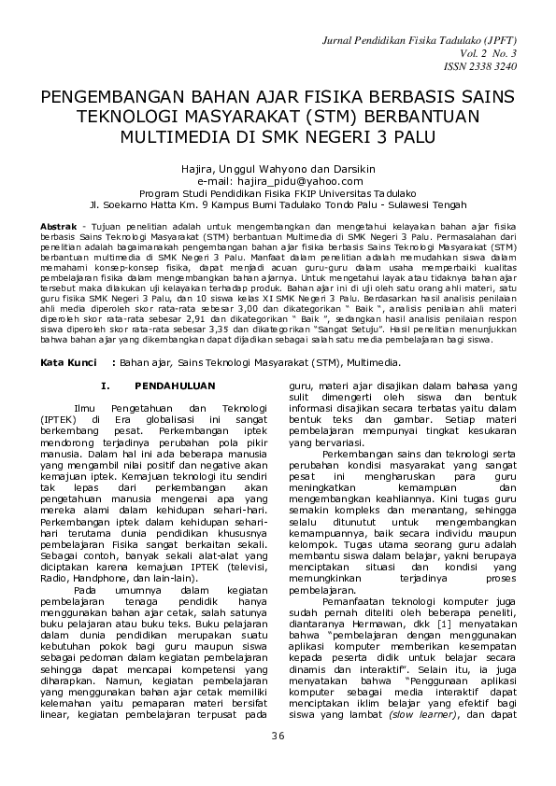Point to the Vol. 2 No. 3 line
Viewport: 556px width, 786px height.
point(495,56)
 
